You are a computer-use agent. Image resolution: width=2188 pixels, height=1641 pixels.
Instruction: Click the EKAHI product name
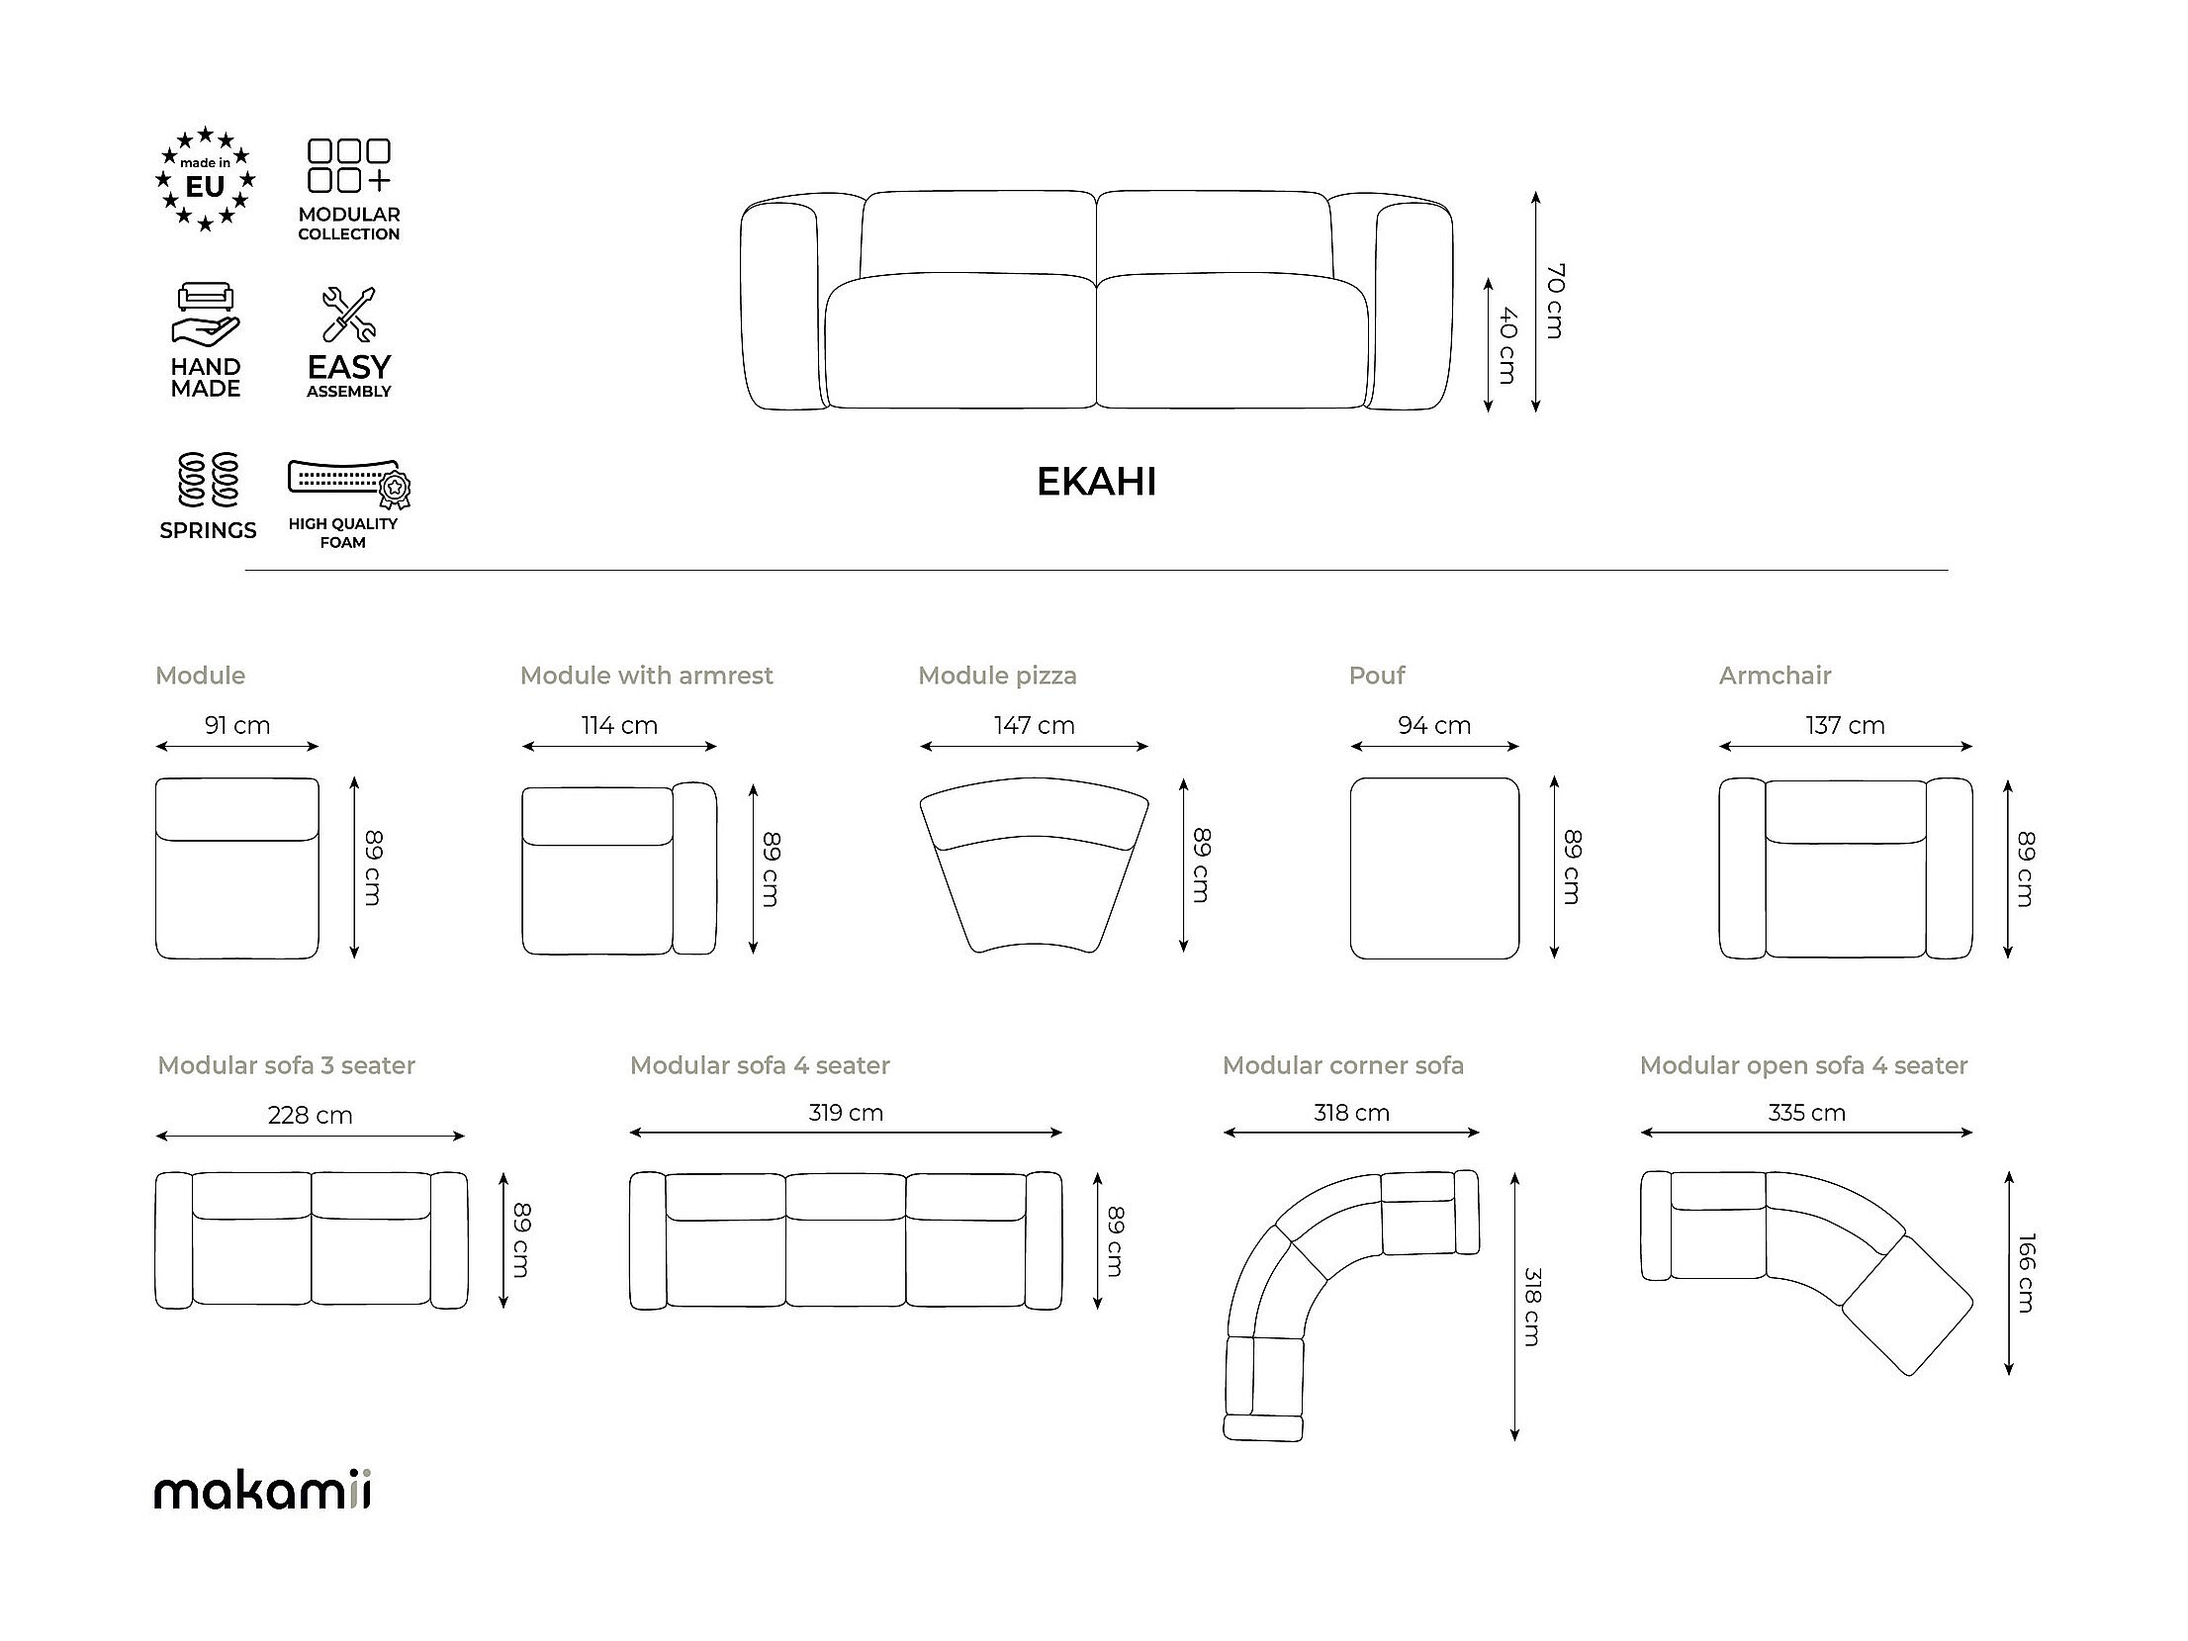1096,482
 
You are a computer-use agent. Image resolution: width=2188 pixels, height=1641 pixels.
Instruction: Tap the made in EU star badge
206,179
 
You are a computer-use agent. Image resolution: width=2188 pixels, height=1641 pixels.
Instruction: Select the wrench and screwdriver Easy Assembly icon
348,315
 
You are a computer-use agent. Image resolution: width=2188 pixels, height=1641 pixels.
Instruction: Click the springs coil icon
208,480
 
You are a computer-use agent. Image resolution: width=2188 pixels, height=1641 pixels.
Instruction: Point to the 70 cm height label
1555,301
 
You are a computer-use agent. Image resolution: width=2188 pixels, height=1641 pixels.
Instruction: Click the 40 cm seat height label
1507,345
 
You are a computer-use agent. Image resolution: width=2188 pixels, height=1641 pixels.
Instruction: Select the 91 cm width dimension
237,725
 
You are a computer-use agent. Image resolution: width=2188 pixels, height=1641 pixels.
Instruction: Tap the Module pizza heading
997,676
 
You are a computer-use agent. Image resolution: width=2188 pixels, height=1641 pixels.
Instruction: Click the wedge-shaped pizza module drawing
1034,865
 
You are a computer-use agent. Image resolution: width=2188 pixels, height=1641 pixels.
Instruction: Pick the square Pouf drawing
1434,867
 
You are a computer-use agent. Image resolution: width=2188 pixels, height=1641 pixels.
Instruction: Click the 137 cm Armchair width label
1845,725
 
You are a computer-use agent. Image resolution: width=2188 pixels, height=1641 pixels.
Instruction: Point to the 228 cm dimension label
310,1115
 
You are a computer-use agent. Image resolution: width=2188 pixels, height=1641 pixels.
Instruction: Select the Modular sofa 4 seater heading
760,1065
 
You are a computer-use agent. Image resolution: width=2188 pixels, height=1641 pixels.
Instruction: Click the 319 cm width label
846,1113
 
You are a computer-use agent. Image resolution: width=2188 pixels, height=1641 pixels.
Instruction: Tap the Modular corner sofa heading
1342,1065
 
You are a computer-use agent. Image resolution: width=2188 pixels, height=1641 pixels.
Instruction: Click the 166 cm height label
2027,1273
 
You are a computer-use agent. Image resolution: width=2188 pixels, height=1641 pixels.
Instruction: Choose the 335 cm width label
1806,1113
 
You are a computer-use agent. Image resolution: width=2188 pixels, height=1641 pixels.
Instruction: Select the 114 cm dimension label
619,725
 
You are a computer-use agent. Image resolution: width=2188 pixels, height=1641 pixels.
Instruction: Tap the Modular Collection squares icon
349,165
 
